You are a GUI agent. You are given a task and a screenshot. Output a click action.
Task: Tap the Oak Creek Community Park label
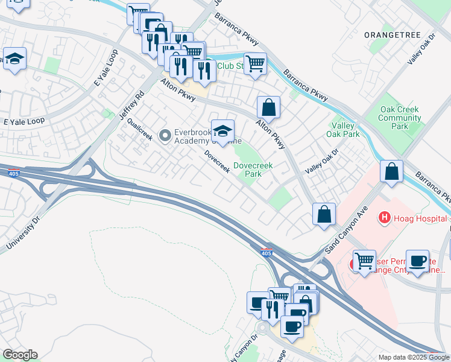pos(399,118)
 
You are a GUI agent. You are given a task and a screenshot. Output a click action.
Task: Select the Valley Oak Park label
pos(342,130)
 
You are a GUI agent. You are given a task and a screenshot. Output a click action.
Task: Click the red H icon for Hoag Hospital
pos(382,217)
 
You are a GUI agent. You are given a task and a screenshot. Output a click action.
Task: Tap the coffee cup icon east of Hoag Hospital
pos(417,261)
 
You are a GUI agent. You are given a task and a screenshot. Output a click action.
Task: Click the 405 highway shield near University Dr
pos(13,174)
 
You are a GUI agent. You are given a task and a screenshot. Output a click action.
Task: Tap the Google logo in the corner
pos(19,355)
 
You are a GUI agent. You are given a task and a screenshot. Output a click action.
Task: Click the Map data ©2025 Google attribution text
pos(414,357)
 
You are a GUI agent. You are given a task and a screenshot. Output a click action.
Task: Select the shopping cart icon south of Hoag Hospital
pos(364,262)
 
